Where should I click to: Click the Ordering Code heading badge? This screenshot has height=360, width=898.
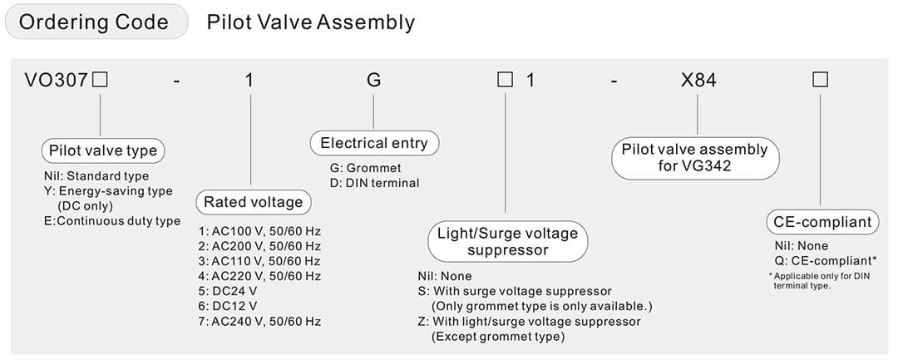(x=93, y=22)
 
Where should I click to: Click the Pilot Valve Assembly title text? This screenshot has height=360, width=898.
(x=310, y=22)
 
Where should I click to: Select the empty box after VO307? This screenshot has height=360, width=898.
(x=101, y=81)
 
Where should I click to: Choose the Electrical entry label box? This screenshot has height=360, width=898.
(x=373, y=143)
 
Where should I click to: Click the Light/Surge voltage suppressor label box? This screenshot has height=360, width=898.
(x=506, y=241)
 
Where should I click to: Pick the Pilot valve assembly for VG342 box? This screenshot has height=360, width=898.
(x=695, y=158)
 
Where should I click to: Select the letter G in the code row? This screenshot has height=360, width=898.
(x=373, y=81)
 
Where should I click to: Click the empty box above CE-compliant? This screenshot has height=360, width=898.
(x=820, y=81)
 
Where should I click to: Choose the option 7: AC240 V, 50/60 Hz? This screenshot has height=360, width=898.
(x=259, y=321)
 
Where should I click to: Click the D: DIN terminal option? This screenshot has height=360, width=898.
(x=374, y=183)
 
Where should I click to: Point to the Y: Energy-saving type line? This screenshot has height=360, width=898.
(x=108, y=191)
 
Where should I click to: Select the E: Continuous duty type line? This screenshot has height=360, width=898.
(x=112, y=221)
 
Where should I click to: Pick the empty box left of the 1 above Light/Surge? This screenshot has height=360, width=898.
(x=505, y=81)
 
